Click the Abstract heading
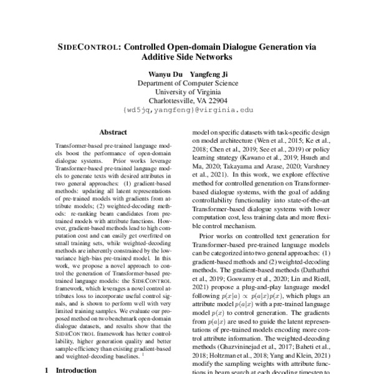tap(113, 132)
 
